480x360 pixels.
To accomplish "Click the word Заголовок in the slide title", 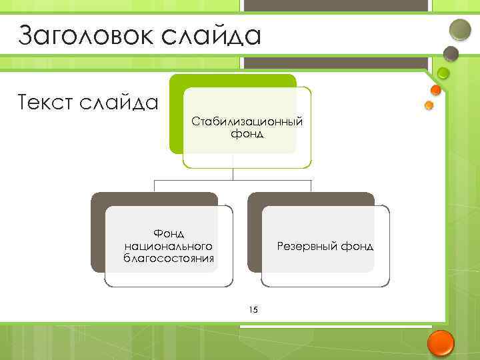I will (x=75, y=35).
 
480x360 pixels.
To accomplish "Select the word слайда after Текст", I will (x=121, y=103).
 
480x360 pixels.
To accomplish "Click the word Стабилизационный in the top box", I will (x=247, y=121).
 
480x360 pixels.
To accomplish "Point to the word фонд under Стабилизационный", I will (x=247, y=134).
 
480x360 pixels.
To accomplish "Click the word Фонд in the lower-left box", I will (x=169, y=233).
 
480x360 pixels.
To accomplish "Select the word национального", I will (x=169, y=246).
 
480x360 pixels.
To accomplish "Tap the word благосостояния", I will (x=169, y=259).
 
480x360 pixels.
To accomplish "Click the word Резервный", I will (x=307, y=246).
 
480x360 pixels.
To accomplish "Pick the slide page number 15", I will (x=253, y=309).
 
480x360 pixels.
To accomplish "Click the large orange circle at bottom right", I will (x=440, y=343).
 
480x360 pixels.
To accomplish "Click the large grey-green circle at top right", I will (x=460, y=29).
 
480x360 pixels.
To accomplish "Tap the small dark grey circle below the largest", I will (x=451, y=53).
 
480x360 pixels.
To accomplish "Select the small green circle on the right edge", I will (x=444, y=73).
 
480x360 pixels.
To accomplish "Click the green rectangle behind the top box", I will (x=176, y=113).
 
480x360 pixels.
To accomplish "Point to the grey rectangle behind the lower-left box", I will (x=97, y=233).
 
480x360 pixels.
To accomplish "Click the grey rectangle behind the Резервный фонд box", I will (x=253, y=233).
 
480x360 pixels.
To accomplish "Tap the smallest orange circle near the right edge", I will (x=429, y=105).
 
